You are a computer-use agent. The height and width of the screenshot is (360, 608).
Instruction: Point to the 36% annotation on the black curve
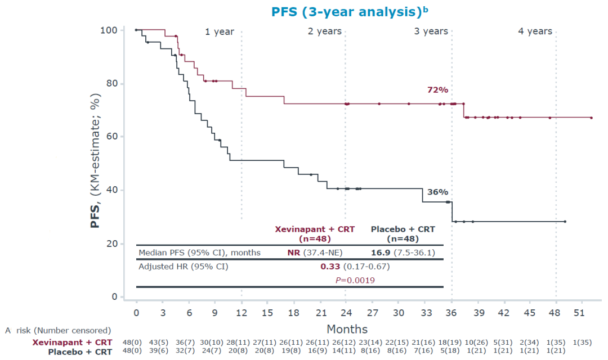(x=437, y=192)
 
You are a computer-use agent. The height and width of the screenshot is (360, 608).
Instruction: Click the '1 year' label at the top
(x=220, y=31)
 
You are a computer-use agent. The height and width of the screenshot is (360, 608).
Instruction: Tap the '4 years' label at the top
(x=535, y=31)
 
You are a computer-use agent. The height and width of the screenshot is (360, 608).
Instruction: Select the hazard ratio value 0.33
(x=329, y=266)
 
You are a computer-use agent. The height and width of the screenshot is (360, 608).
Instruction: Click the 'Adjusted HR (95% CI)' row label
(x=183, y=266)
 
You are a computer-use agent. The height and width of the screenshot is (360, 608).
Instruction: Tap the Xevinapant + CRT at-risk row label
(x=72, y=343)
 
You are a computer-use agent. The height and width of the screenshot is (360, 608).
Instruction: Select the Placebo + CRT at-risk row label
(x=80, y=352)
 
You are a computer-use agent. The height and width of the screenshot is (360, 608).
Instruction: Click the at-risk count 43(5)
(x=163, y=343)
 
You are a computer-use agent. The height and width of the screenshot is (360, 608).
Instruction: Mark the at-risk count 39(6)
(x=163, y=352)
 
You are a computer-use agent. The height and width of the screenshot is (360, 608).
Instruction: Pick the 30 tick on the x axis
(x=399, y=313)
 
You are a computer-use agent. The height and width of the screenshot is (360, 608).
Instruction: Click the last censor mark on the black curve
(x=565, y=222)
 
